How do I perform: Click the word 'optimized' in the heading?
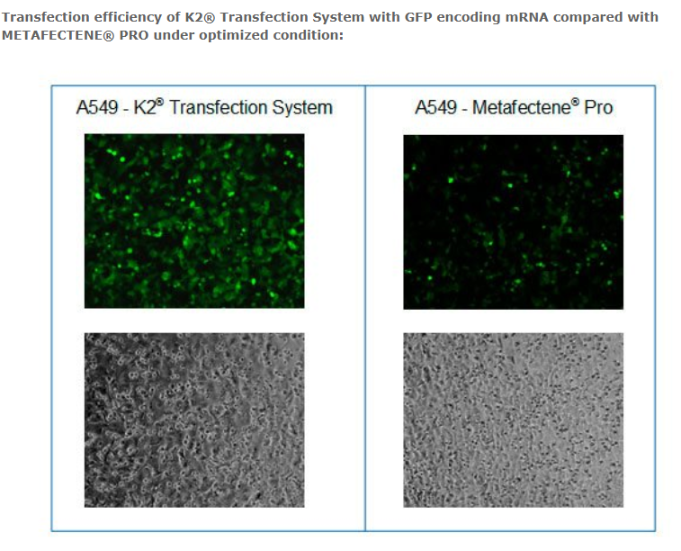[x=234, y=35]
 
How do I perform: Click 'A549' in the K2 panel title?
[x=97, y=107]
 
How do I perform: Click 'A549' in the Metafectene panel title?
[x=435, y=107]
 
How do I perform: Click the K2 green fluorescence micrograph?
[x=194, y=221]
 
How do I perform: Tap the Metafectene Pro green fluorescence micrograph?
[x=514, y=222]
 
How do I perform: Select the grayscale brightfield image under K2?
[x=194, y=420]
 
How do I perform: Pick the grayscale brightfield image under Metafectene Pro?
[x=514, y=420]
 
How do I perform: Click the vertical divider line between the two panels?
[x=365, y=308]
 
